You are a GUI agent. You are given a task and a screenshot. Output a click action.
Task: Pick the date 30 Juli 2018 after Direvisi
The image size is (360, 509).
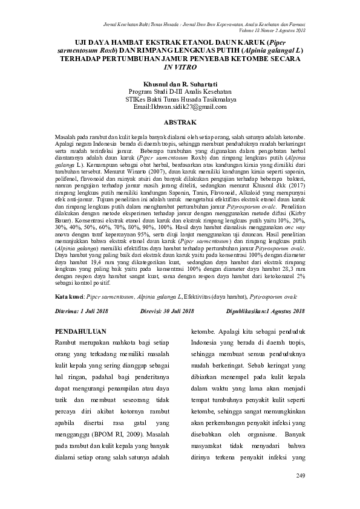tap(177, 311)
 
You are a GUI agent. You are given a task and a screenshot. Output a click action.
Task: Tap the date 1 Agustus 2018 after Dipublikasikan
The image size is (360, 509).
tap(280, 311)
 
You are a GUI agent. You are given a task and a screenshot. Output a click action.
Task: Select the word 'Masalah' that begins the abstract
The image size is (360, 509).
tap(66, 138)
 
